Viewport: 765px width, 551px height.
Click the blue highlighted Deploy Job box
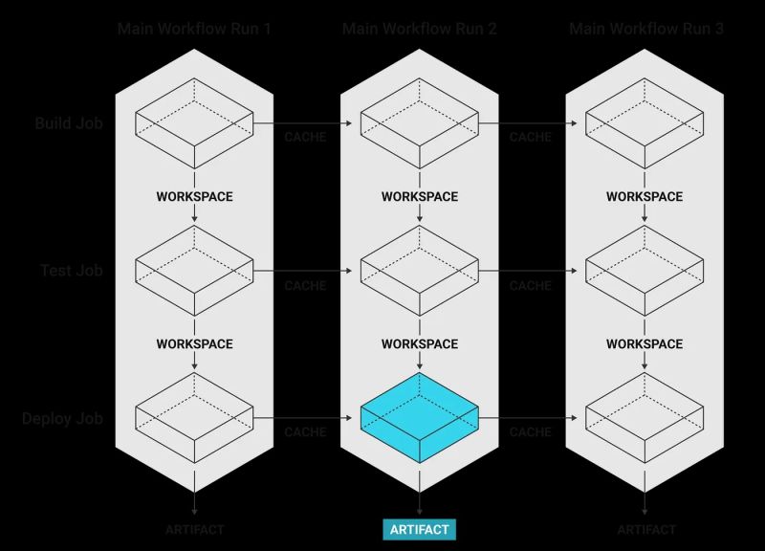pyautogui.click(x=419, y=419)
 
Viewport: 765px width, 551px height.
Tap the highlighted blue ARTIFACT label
pyautogui.click(x=419, y=529)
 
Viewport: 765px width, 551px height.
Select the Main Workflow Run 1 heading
pyautogui.click(x=194, y=29)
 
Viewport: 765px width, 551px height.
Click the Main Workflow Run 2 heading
pyautogui.click(x=419, y=29)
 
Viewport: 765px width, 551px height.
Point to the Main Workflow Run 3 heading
pyautogui.click(x=645, y=29)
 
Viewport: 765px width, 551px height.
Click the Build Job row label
pyautogui.click(x=68, y=123)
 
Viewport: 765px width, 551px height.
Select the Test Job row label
pyautogui.click(x=71, y=271)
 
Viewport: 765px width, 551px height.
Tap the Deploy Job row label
pyautogui.click(x=62, y=419)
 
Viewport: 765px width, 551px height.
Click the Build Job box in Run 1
pyautogui.click(x=194, y=123)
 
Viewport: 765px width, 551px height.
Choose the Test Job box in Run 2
pyautogui.click(x=419, y=271)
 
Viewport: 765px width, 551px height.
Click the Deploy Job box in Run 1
pyautogui.click(x=194, y=419)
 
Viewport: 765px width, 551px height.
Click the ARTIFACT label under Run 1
pyautogui.click(x=194, y=529)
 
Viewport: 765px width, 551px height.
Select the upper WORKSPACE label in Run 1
pyautogui.click(x=194, y=196)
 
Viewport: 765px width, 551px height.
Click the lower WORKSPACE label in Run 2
pyautogui.click(x=419, y=343)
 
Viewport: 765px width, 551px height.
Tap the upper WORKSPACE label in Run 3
pyautogui.click(x=645, y=196)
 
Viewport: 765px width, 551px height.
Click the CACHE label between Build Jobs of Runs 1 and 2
pyautogui.click(x=305, y=138)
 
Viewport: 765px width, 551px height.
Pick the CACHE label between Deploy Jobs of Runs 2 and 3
pyautogui.click(x=530, y=432)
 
